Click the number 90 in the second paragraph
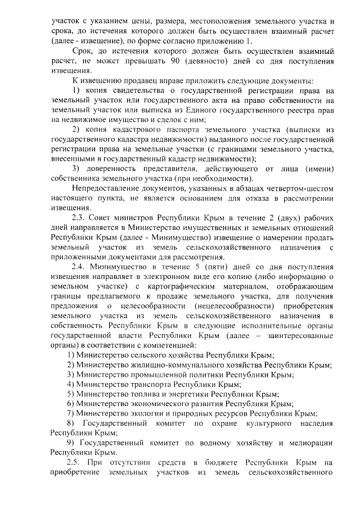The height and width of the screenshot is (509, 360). click(x=187, y=61)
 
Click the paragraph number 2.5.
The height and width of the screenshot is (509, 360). click(x=75, y=462)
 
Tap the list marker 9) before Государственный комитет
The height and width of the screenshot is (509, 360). click(x=70, y=443)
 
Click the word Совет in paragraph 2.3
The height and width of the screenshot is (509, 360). click(x=107, y=217)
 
